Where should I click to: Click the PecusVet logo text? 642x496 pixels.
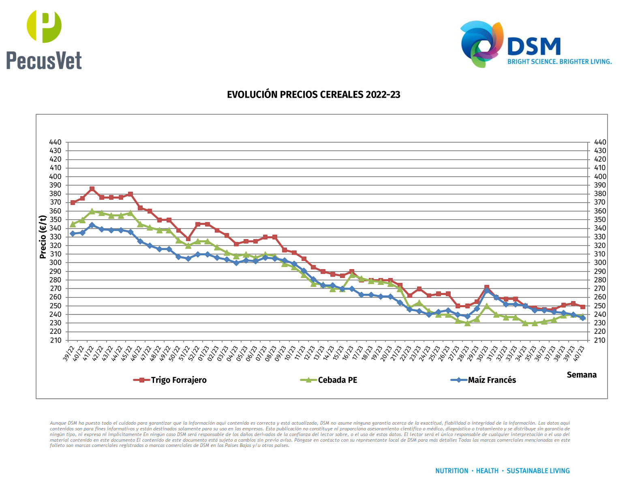(44, 61)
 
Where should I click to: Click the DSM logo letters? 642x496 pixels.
(534, 47)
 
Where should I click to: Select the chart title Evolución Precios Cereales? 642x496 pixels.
(313, 95)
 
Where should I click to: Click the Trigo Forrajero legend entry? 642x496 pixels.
(178, 380)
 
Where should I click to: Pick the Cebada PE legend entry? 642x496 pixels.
(337, 380)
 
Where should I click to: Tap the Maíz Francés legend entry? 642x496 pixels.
(492, 380)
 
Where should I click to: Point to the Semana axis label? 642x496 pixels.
(581, 375)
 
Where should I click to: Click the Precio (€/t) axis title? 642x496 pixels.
(43, 237)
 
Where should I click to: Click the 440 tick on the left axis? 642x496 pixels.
(55, 142)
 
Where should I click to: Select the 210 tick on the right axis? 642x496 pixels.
(600, 340)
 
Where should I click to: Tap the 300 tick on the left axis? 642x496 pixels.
(55, 263)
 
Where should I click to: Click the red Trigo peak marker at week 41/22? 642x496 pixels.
(92, 189)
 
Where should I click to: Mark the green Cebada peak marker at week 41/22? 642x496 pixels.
(92, 212)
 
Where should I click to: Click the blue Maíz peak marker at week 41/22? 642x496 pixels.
(92, 225)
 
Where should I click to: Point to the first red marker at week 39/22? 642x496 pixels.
(73, 203)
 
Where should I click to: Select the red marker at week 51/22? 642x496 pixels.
(188, 239)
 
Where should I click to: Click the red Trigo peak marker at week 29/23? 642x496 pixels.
(487, 288)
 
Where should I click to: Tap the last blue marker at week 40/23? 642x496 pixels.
(583, 318)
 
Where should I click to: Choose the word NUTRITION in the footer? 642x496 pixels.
(452, 471)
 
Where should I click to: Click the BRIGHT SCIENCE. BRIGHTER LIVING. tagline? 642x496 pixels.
(559, 62)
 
